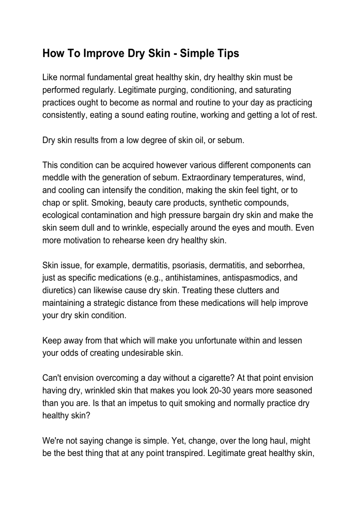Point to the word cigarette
click(x=216, y=378)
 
